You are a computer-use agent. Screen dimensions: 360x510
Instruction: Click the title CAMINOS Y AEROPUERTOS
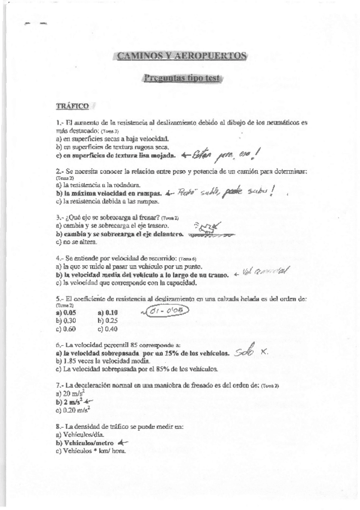[x=181, y=57]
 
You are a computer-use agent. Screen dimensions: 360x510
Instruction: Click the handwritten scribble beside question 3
[x=207, y=229]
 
